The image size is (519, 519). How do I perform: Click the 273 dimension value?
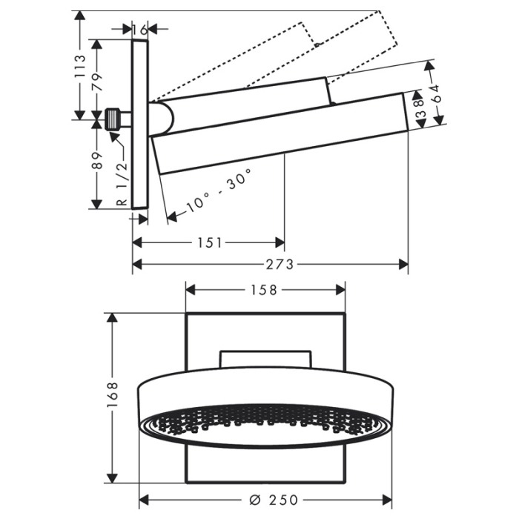pos(280,265)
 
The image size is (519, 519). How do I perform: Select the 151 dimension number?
pos(209,243)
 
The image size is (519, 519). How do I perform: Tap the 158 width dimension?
pos(263,291)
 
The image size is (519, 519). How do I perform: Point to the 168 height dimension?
pos(113,394)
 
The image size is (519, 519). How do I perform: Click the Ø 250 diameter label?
pos(274,500)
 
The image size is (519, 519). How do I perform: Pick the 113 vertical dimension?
pos(80,67)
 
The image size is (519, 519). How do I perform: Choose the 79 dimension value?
pos(97,82)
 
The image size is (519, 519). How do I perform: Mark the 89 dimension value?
pos(97,161)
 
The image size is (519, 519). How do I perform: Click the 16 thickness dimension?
pos(139,30)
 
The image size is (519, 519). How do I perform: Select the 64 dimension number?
pos(436,93)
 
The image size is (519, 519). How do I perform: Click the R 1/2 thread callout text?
pos(122,184)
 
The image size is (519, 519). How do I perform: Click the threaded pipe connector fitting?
pos(113,119)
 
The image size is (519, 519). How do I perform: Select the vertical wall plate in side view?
pos(140,125)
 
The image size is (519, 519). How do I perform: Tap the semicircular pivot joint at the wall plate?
pos(162,119)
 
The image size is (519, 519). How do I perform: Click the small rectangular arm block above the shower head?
pos(265,360)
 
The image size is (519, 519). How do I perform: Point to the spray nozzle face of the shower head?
pos(265,426)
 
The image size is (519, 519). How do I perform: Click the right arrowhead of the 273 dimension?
pos(403,265)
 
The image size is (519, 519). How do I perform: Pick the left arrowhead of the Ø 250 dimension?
pos(144,500)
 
